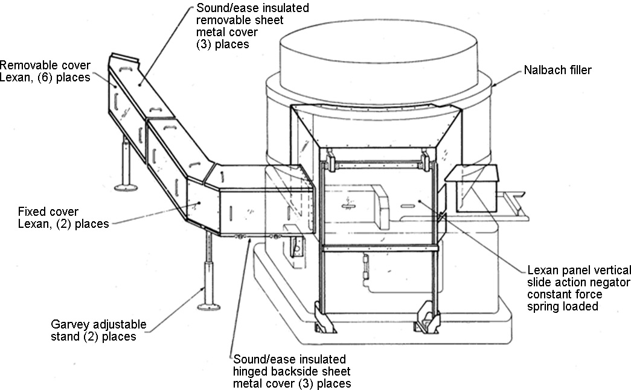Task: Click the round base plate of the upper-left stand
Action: click(126, 184)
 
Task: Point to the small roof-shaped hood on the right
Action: click(472, 173)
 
